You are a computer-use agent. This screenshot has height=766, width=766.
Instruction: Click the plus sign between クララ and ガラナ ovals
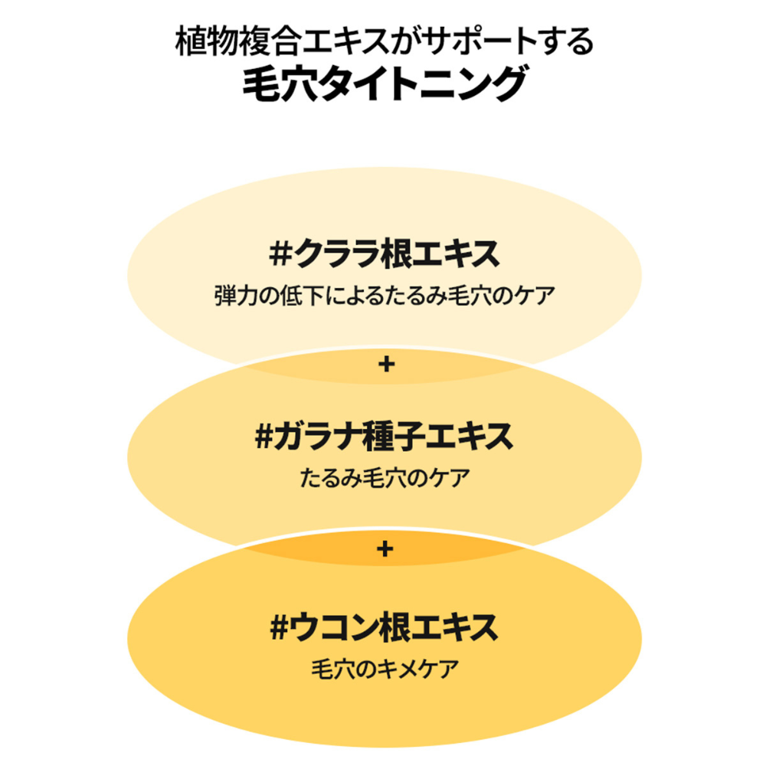click(x=386, y=365)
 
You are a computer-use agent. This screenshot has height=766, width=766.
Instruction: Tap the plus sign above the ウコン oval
click(x=385, y=549)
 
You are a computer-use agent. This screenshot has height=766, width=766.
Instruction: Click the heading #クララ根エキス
click(x=385, y=254)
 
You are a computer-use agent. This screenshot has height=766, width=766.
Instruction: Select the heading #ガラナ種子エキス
click(x=385, y=437)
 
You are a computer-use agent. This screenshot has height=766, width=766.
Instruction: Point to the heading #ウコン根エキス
click(x=385, y=627)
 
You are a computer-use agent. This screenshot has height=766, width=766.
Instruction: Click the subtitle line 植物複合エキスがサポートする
click(x=385, y=41)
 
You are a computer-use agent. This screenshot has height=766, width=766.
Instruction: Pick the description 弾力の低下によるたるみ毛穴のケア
click(x=385, y=296)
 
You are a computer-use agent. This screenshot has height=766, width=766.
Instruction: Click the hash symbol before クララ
click(x=281, y=254)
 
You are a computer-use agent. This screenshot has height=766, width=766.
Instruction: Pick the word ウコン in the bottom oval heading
click(x=334, y=627)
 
